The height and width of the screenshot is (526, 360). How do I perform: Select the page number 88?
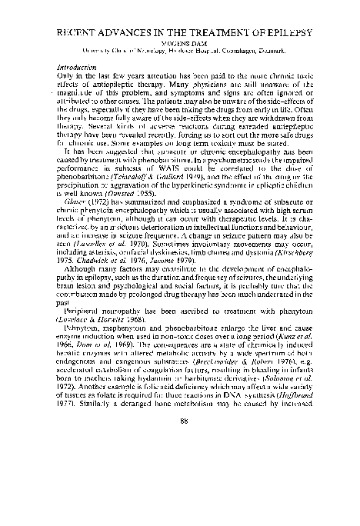pos(179,484)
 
